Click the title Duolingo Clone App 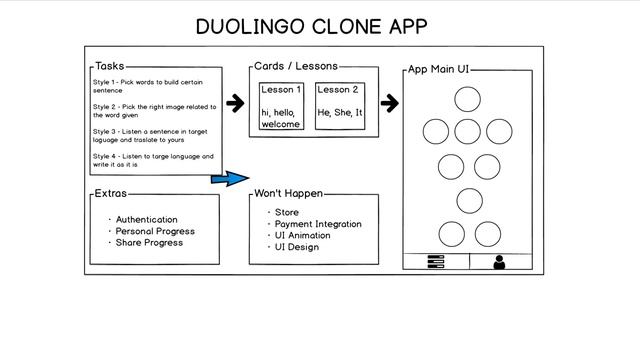pos(319,25)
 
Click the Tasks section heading pos(109,66)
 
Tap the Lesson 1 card pos(281,106)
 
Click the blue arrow pos(229,178)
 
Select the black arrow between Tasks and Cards pos(235,103)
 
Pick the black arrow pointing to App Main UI pos(390,103)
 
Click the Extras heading pos(110,193)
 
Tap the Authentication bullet pos(146,219)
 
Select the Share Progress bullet pos(149,243)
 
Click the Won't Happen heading pos(288,193)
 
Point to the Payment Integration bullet pos(317,224)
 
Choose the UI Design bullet pos(297,247)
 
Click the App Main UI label pos(438,70)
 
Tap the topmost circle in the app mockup pos(467,99)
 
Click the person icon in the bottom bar pos(499,262)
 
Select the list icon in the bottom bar pos(435,262)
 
